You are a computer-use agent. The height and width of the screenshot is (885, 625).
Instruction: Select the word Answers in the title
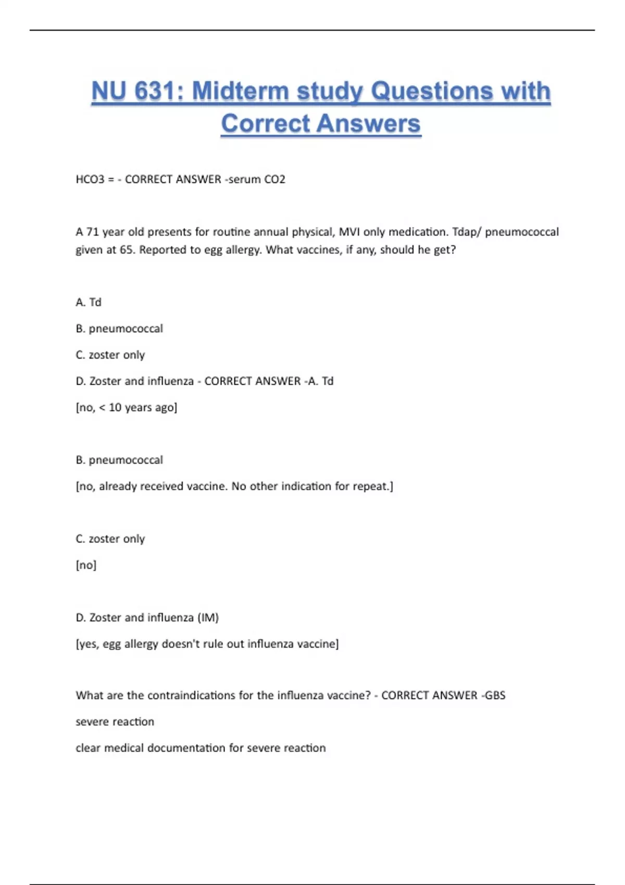point(368,124)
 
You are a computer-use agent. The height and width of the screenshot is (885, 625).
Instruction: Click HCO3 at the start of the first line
point(90,180)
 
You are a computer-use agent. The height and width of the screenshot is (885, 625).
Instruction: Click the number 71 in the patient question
point(92,232)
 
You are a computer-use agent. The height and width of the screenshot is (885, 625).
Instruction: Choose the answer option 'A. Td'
point(89,302)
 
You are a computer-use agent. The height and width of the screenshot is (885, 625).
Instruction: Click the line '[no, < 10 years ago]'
point(127,408)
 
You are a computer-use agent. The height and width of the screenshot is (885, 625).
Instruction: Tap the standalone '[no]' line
point(86,565)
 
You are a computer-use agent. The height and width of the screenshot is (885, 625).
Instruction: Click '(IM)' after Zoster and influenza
point(208,618)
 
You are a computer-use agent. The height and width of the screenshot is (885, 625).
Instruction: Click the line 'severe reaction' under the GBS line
point(115,722)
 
